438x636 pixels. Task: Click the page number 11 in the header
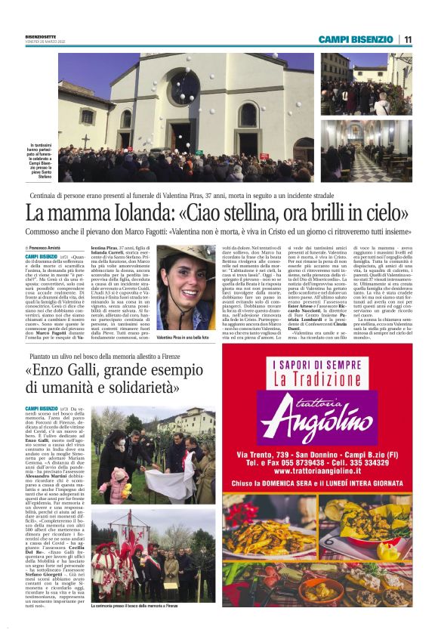[x=407, y=39]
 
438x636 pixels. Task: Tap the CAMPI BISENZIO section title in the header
[x=355, y=39]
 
